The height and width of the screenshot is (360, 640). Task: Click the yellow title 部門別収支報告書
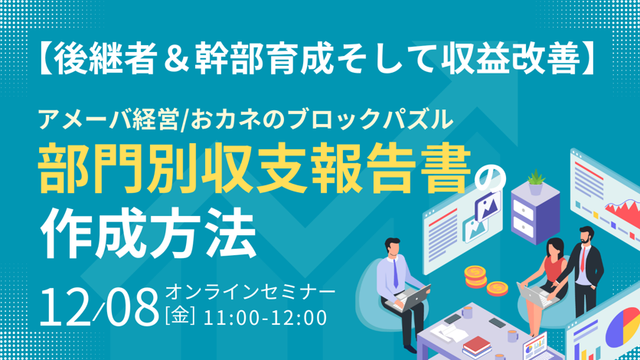click(255, 168)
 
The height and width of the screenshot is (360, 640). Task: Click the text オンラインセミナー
click(250, 293)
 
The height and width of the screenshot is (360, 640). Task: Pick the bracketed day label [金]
click(180, 317)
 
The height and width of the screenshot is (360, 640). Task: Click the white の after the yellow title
click(490, 178)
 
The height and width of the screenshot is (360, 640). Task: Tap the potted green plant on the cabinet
click(536, 182)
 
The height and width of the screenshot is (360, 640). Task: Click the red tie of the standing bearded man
click(583, 259)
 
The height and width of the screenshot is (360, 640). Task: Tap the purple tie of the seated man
click(396, 273)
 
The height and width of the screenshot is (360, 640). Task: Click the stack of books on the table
click(477, 347)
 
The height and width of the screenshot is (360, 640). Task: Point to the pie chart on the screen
click(623, 326)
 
